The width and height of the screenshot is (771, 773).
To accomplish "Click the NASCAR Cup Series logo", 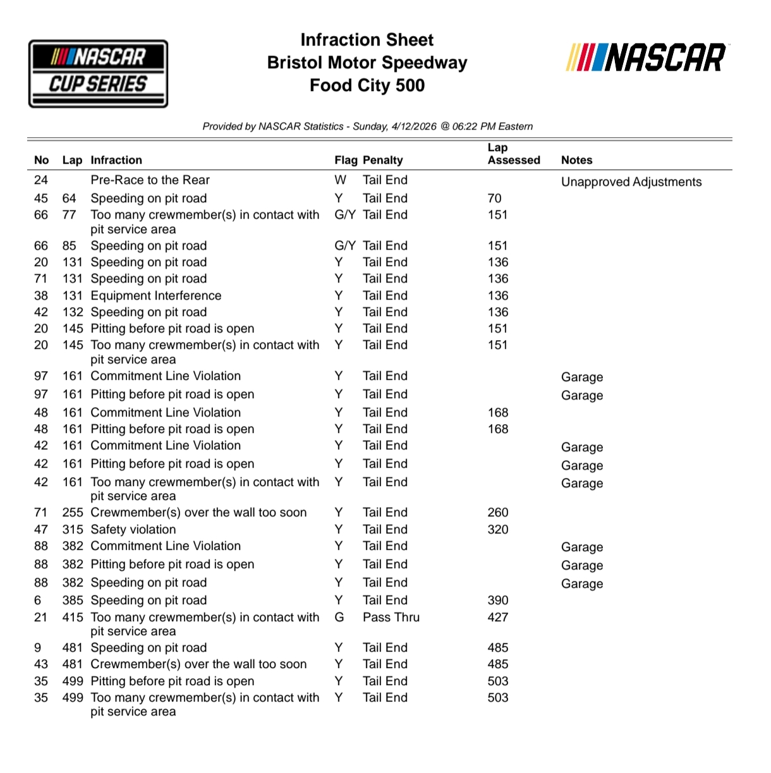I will (x=98, y=73).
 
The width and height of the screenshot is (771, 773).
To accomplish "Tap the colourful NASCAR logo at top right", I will (x=646, y=58).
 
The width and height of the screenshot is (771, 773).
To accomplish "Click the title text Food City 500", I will (x=367, y=85).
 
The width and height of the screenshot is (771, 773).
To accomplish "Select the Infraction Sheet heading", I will (x=367, y=40).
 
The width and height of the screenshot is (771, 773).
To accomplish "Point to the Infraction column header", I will (x=116, y=161).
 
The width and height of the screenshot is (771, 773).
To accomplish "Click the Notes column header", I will (x=576, y=161).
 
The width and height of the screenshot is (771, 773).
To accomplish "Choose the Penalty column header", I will (x=382, y=161).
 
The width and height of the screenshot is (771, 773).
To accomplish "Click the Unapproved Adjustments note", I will (x=631, y=182).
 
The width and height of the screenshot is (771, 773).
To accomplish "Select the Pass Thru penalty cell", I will (x=391, y=618).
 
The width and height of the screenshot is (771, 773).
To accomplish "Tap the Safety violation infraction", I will (x=133, y=530).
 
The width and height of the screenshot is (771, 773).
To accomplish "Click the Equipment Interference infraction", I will (x=156, y=296).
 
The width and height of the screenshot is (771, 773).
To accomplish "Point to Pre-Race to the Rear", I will (x=150, y=180).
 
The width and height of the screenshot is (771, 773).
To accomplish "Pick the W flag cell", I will (x=340, y=180).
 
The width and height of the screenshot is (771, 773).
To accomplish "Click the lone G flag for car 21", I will (x=339, y=618).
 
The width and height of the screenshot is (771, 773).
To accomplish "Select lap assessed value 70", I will (x=494, y=198).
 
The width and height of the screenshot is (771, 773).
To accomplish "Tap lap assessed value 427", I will (x=497, y=618).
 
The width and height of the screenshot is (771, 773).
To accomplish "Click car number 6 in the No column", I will (x=38, y=600).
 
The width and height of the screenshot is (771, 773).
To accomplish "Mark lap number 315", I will (x=72, y=530).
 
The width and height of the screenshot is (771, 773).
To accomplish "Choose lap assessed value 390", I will (x=497, y=600).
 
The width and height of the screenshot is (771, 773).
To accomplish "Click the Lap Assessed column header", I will (x=513, y=154).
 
